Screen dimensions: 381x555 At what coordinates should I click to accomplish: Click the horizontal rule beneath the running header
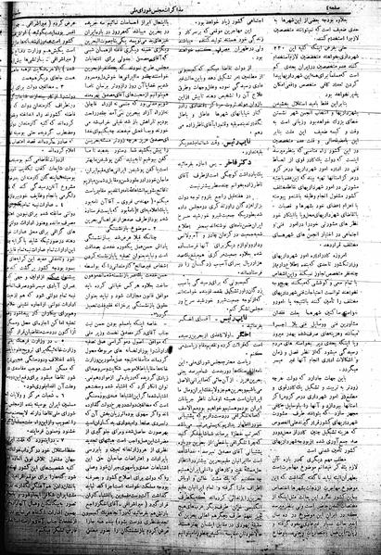[190, 14]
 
